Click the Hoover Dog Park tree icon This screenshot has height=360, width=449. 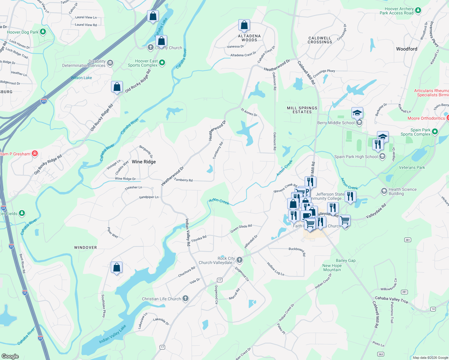click(x=43, y=31)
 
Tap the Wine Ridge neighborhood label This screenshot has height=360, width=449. click(x=144, y=162)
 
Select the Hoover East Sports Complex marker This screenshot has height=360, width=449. click(x=162, y=63)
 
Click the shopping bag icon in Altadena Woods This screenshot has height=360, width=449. click(x=244, y=25)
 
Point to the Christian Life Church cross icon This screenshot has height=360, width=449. click(x=185, y=298)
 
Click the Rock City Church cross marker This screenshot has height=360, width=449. click(x=239, y=260)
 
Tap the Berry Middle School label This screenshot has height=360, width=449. click(x=336, y=123)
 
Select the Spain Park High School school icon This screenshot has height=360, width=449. click(x=382, y=156)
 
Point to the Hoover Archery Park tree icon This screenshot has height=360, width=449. click(x=418, y=10)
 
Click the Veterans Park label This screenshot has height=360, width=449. click(x=412, y=167)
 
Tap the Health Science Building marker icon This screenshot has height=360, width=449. click(x=384, y=191)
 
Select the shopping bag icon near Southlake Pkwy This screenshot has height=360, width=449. click(x=116, y=267)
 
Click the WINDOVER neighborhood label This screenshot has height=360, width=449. click(x=86, y=247)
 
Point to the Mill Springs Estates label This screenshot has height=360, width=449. click(x=302, y=110)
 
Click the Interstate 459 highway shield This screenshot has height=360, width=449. click(x=44, y=101)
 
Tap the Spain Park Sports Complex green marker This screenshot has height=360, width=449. click(x=435, y=131)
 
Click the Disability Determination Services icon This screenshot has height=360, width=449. click(x=110, y=63)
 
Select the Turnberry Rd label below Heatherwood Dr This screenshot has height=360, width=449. click(x=183, y=180)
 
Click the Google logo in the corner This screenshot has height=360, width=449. click(x=10, y=356)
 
